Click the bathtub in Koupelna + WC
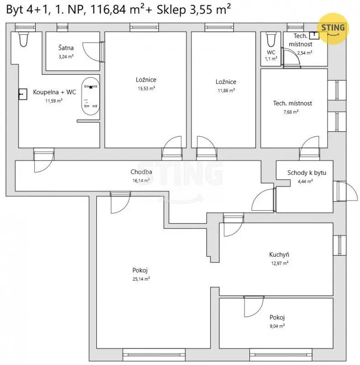pos(90,96)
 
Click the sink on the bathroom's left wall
pos(23,94)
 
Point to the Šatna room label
pos(66,48)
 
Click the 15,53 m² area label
pos(146,89)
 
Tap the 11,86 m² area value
pos(226,90)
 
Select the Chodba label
pos(141,172)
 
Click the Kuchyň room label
pos(279,255)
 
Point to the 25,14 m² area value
pos(141,279)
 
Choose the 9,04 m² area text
pos(277,326)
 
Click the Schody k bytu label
pos(307,173)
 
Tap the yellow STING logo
pos(333,28)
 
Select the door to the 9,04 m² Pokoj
pos(254,307)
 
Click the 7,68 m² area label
pos(291,112)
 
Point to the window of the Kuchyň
pos(339,245)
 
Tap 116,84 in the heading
pos(108,10)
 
